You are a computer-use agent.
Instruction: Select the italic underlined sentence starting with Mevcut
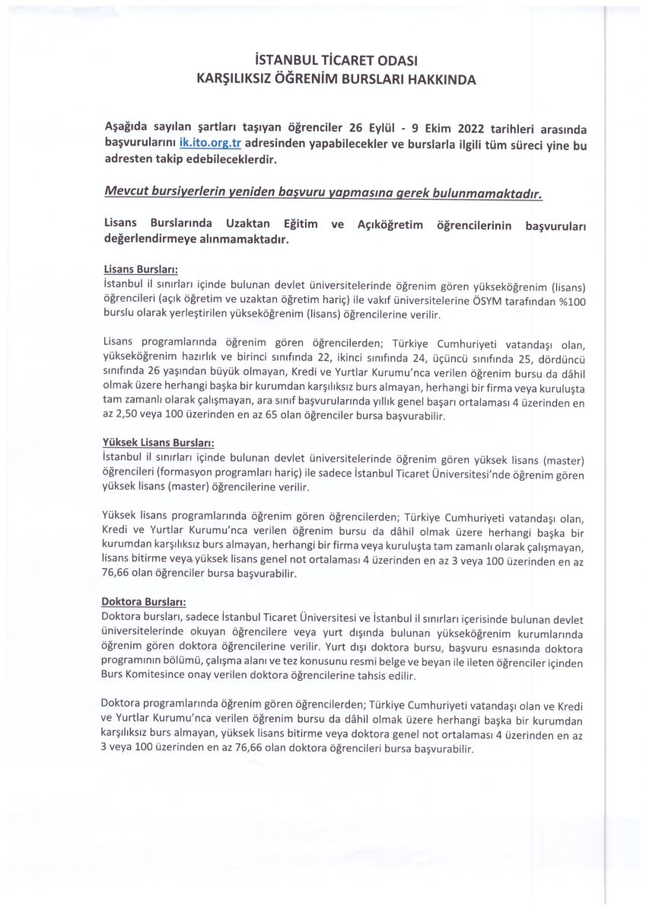pos(323,193)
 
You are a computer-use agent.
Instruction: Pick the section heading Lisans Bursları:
pos(139,269)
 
